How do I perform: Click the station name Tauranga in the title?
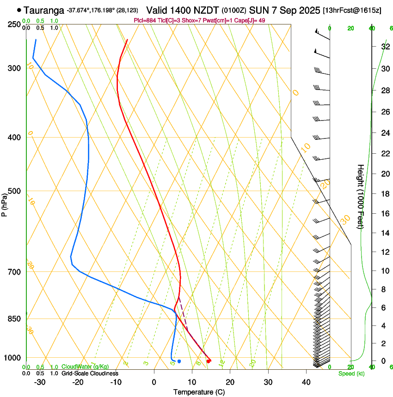pyautogui.click(x=44, y=10)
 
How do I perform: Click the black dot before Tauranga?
pyautogui.click(x=19, y=10)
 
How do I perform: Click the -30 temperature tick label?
pyautogui.click(x=40, y=382)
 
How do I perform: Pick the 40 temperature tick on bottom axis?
pyautogui.click(x=306, y=382)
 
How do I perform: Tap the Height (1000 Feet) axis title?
pyautogui.click(x=361, y=196)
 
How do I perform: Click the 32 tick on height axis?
pyautogui.click(x=385, y=47)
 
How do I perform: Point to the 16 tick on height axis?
pyautogui.click(x=385, y=214)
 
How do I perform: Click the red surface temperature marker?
pyautogui.click(x=209, y=361)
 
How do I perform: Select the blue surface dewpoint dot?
pyautogui.click(x=179, y=361)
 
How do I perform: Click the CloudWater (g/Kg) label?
pyautogui.click(x=79, y=367)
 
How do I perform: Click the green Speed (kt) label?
pyautogui.click(x=351, y=373)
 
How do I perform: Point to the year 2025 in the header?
pyautogui.click(x=307, y=10)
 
